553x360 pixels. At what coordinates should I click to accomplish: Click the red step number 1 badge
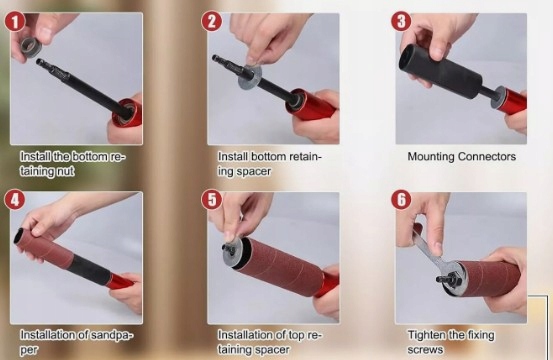coord(14,22)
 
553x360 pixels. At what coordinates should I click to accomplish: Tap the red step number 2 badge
coord(212,22)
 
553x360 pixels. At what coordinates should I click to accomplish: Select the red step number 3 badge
coord(401,22)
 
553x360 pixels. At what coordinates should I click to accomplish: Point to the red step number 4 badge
coord(14,200)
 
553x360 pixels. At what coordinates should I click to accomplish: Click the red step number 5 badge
coord(212,200)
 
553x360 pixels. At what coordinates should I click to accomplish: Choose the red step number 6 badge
coord(401,200)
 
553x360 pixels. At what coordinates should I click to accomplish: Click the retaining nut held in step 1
coord(31,47)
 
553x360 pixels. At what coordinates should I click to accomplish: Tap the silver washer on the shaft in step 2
coord(250,77)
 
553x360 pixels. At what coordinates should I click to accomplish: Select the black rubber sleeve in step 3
coord(439,71)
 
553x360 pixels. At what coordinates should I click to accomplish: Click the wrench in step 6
coord(432,253)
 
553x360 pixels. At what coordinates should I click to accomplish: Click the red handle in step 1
coord(128,112)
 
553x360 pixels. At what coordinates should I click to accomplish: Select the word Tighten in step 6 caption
coord(423,335)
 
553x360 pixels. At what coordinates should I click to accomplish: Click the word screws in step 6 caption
coord(425,350)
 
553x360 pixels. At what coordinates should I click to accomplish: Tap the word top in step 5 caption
coord(297,335)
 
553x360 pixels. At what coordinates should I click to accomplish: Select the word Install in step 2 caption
coord(233,157)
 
